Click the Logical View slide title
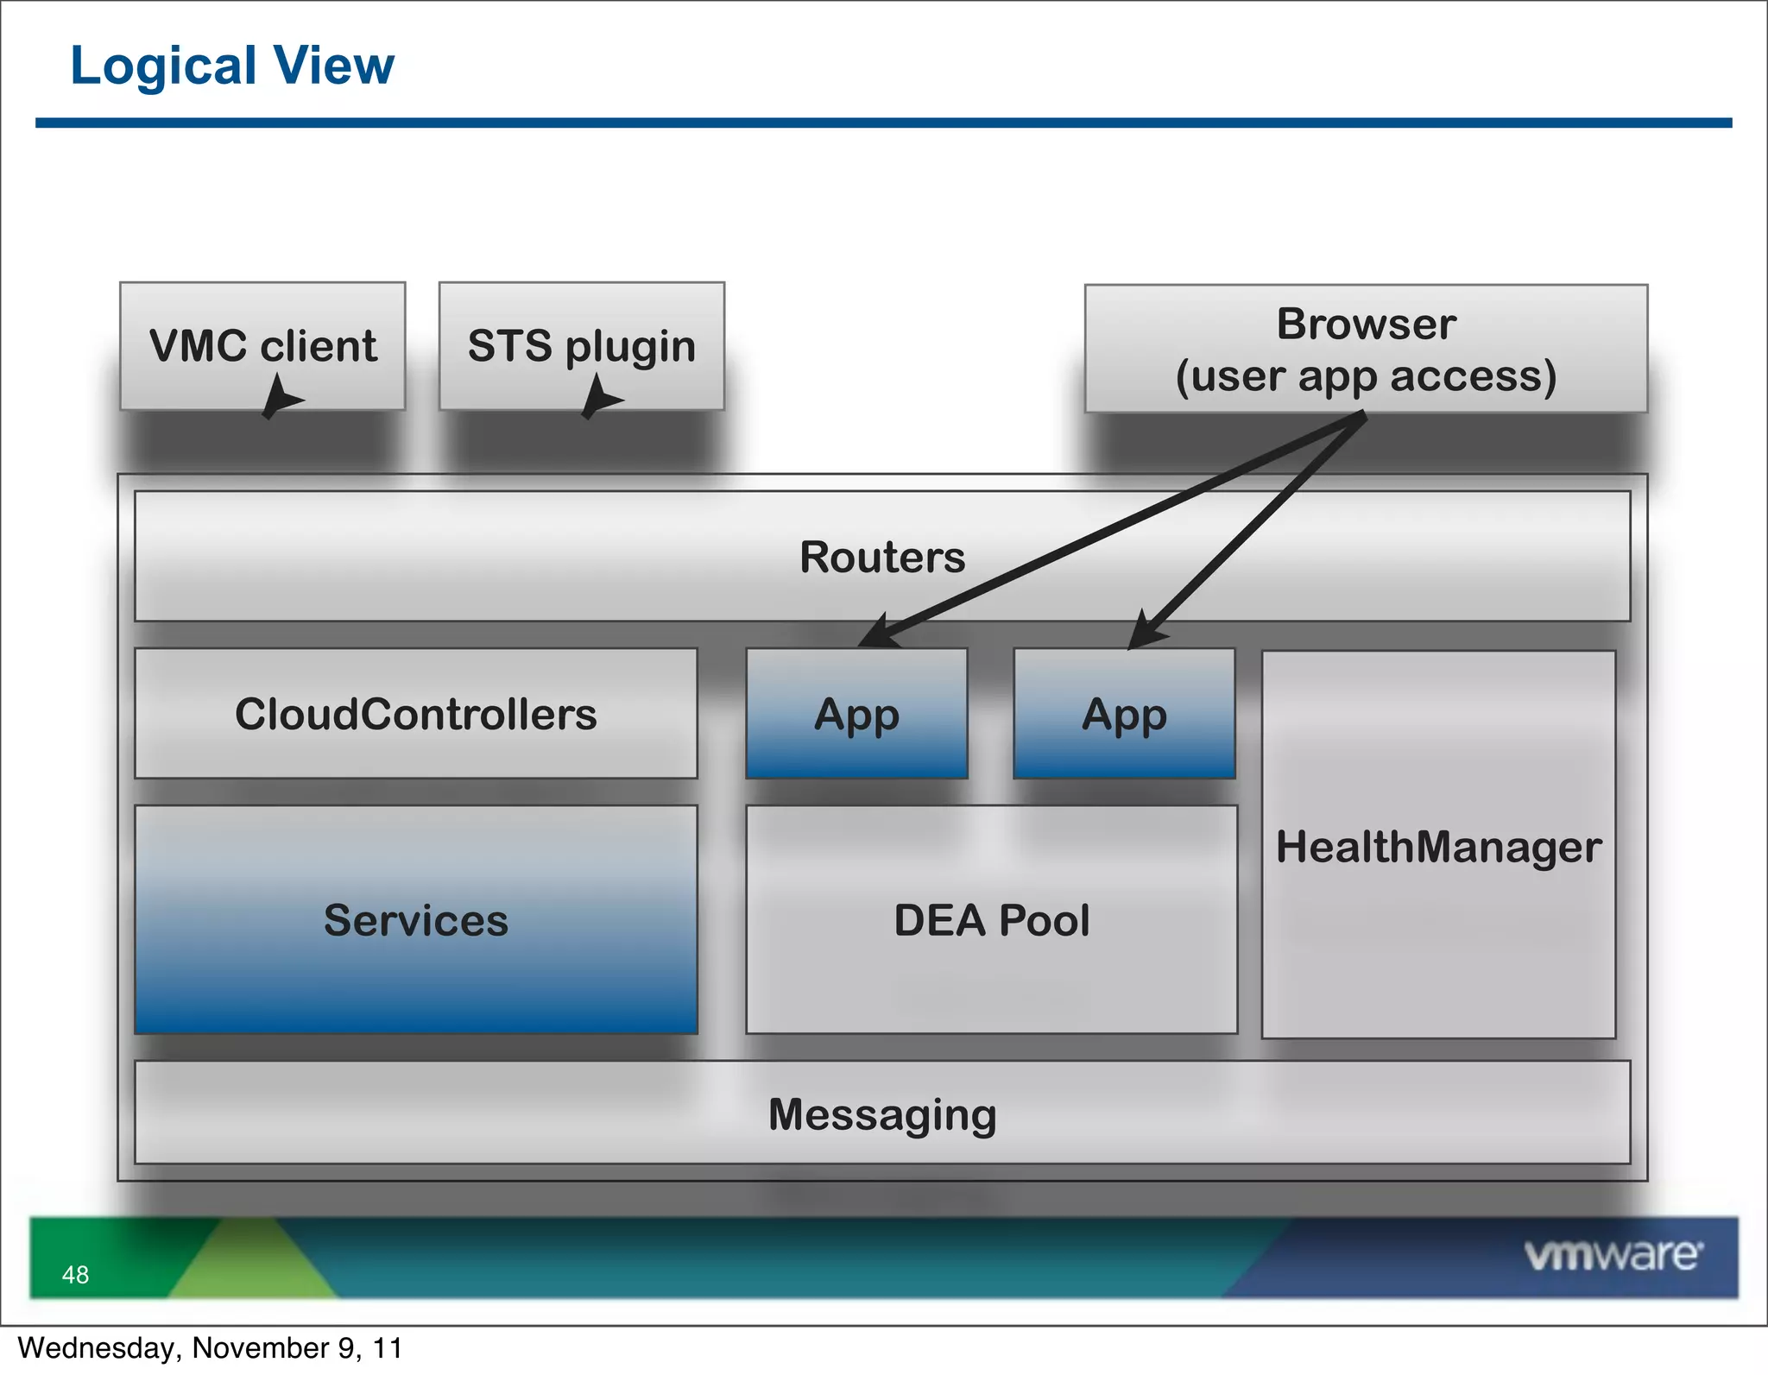coord(231,66)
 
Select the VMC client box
coord(262,345)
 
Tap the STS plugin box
coord(581,345)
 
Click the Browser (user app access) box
coord(1366,349)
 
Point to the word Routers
coord(882,557)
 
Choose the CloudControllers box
coord(415,714)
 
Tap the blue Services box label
coord(415,920)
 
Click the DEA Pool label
coord(991,920)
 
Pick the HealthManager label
coord(1438,847)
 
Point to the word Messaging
coord(882,1114)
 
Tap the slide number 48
coord(75,1275)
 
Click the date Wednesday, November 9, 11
coord(210,1348)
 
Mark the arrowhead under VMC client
coord(279,398)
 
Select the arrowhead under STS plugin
coord(598,398)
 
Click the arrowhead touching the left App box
coord(879,632)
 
